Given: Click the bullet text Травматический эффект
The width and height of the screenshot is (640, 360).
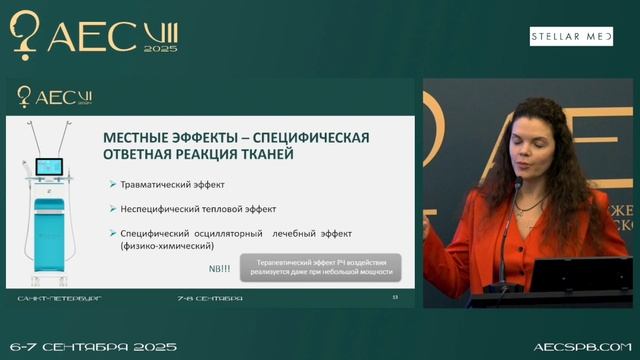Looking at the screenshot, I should click(172, 185).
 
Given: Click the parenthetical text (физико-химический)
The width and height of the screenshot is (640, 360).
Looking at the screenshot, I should click(164, 245).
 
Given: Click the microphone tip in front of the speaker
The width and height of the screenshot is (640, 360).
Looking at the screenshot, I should click(517, 184).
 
